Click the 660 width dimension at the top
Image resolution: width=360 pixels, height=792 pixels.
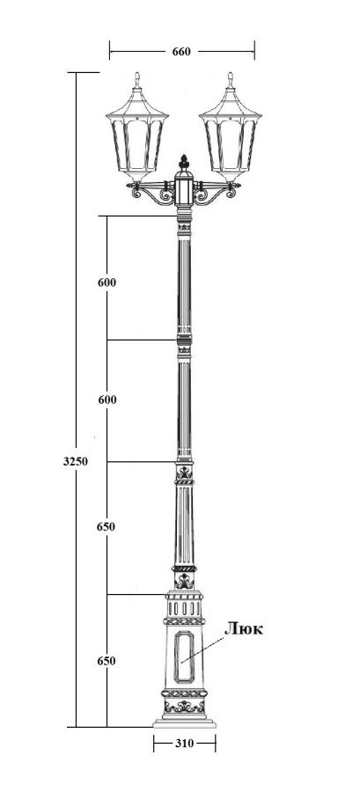coord(181,52)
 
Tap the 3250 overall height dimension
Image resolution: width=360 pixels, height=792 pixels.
coord(76,461)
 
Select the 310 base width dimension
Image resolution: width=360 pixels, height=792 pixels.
coord(184,743)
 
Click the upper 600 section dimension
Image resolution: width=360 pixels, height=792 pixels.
coord(107,282)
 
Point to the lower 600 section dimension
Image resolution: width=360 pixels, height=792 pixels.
coord(107,400)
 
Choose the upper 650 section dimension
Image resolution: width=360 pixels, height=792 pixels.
coord(106,527)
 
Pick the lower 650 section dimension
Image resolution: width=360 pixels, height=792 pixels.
coord(107,661)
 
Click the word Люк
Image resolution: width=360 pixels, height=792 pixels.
coord(244,628)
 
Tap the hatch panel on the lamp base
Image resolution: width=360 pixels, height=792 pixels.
coord(184,656)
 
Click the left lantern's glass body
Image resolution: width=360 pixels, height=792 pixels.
coord(137,144)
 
